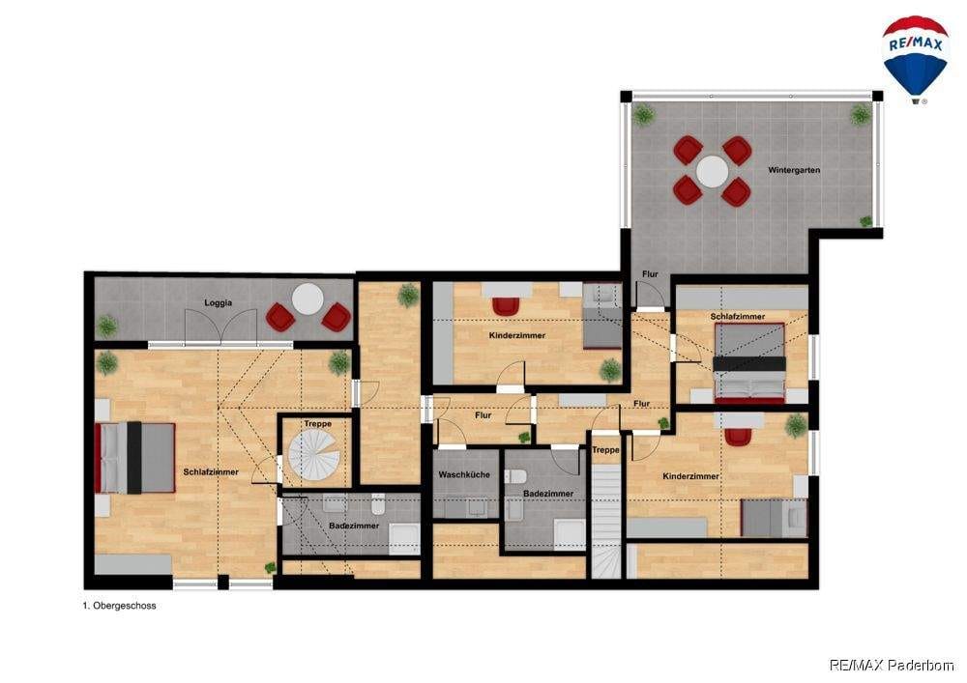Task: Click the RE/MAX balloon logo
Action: (915, 59)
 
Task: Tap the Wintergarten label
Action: (794, 170)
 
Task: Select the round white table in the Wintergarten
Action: (713, 171)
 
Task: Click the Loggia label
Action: (219, 303)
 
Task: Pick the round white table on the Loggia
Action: (308, 299)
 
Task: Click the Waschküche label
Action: (464, 475)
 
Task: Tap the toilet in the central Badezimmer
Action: (515, 477)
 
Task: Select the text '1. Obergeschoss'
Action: (119, 606)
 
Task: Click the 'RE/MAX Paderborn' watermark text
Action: (892, 666)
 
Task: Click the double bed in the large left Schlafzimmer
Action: (134, 458)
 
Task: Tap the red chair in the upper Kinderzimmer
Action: (507, 305)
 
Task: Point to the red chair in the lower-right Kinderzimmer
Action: (738, 437)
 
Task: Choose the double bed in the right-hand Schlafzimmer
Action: (749, 363)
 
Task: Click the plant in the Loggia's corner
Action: (106, 326)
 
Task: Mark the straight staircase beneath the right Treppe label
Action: (605, 522)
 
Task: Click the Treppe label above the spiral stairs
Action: (317, 424)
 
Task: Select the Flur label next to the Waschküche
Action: (483, 415)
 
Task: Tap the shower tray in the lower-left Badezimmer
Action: (404, 539)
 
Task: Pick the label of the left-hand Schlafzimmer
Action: (211, 471)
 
